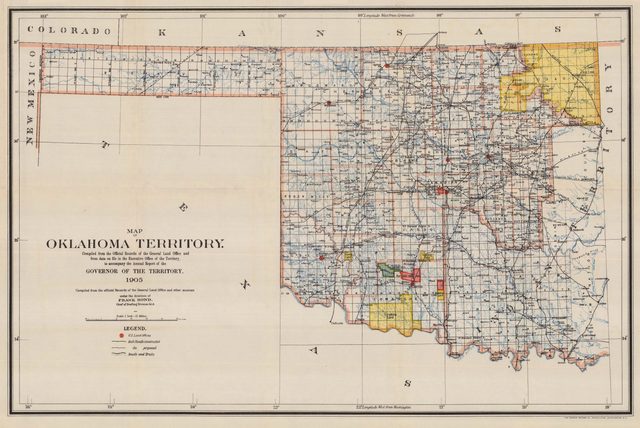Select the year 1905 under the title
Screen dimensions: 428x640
click(x=134, y=280)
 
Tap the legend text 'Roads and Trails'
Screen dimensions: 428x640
click(x=141, y=354)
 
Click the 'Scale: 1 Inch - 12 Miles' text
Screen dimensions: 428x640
click(x=131, y=316)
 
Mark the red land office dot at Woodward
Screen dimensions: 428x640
click(x=328, y=103)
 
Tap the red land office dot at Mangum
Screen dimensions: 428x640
click(x=321, y=258)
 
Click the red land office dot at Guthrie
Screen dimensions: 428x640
click(x=488, y=157)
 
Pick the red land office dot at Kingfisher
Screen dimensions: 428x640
click(x=448, y=160)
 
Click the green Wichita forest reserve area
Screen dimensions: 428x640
click(x=386, y=270)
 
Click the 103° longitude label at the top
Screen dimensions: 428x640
click(x=44, y=16)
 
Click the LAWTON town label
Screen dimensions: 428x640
click(x=417, y=287)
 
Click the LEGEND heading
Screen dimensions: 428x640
click(x=134, y=328)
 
